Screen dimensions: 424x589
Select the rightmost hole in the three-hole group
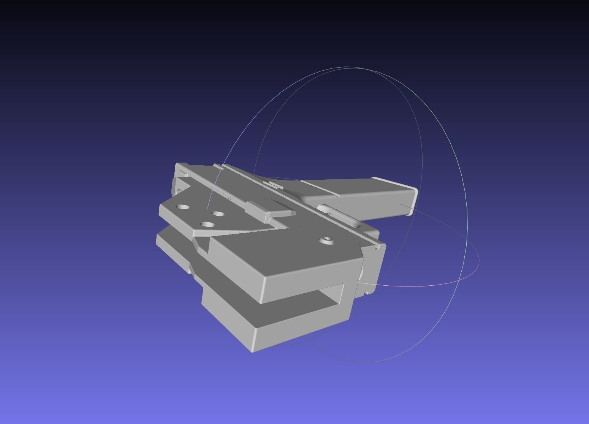[218, 214]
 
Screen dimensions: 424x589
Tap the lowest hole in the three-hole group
[207, 224]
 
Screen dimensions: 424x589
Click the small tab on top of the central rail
[276, 185]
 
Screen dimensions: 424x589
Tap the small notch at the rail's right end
[376, 247]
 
